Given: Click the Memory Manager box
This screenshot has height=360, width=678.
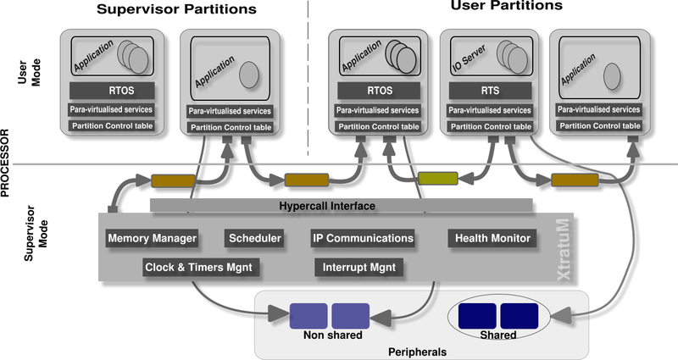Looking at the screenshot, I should point(152,239).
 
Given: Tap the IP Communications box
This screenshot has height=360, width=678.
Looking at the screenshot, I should point(363,239).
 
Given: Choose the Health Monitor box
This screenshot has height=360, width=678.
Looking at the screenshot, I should point(492,239).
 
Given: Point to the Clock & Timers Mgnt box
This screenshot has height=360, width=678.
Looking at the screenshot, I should point(198,269).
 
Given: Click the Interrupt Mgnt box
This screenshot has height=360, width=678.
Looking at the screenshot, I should point(358,269).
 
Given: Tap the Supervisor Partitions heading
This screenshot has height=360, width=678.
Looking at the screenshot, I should point(176,10).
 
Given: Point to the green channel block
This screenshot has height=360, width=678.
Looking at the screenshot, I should point(438,179).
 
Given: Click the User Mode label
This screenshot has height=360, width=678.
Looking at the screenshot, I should point(30,80).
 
